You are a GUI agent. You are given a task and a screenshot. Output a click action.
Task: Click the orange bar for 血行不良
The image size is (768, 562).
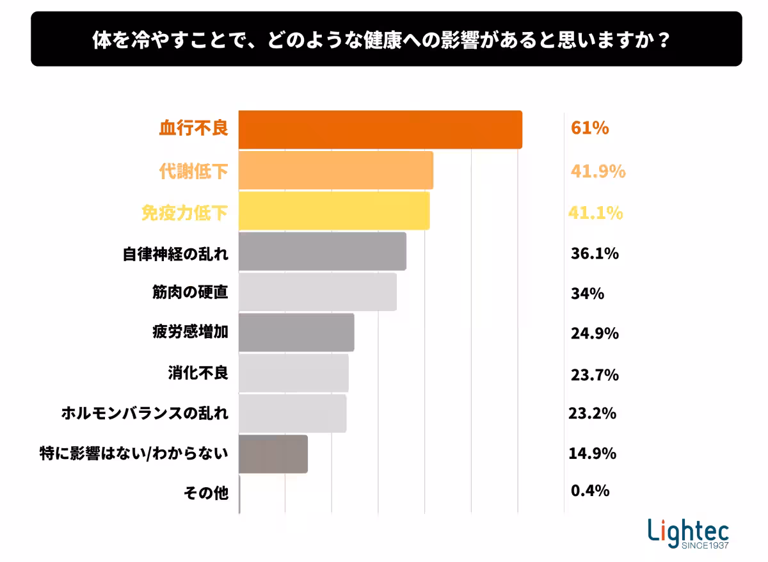[x=380, y=130]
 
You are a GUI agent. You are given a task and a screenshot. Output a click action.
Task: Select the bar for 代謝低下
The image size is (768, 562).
[x=336, y=170]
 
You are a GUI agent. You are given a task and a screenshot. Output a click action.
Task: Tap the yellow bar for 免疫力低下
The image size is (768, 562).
[x=334, y=211]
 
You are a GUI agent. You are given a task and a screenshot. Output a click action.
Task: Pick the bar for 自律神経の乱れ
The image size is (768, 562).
[x=323, y=251]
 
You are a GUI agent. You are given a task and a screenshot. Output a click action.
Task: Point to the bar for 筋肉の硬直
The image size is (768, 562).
[x=317, y=292]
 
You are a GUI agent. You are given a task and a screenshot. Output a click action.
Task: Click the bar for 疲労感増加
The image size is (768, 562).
[x=296, y=332]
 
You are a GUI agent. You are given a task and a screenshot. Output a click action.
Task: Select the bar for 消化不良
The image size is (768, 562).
[x=294, y=373]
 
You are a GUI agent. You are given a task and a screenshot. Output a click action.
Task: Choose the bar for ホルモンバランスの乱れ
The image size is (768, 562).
[x=292, y=413]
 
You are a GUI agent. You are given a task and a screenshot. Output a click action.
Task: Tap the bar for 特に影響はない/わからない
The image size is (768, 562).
[x=273, y=454]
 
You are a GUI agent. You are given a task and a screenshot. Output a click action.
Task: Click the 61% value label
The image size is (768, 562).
[x=589, y=128]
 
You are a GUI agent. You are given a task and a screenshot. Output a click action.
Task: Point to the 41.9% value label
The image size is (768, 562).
[x=598, y=171]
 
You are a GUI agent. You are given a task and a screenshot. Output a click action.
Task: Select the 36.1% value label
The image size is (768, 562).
[x=595, y=253]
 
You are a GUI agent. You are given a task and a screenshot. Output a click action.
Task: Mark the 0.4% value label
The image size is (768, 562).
[x=589, y=491]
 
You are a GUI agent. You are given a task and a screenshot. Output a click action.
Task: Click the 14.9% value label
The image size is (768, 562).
[x=592, y=453]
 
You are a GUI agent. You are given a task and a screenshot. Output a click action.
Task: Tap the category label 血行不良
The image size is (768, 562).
[x=193, y=128]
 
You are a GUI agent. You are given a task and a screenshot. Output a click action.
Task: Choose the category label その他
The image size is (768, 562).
[x=205, y=493]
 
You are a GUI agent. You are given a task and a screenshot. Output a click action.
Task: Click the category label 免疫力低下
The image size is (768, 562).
[x=184, y=213]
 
